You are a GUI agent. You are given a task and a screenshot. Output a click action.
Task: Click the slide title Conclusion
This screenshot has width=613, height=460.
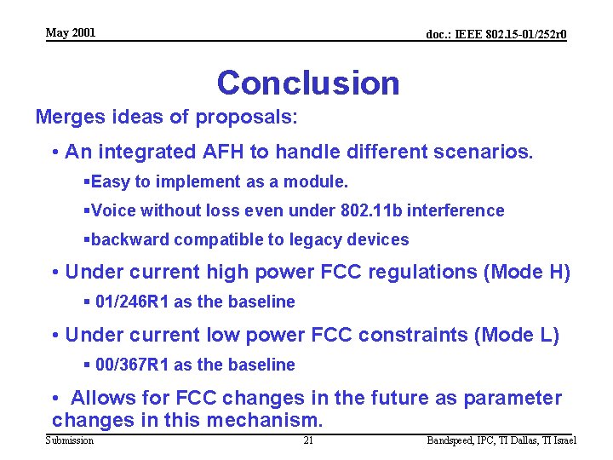pos(307,83)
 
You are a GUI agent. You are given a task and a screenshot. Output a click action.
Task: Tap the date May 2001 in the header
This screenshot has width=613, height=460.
pos(71,33)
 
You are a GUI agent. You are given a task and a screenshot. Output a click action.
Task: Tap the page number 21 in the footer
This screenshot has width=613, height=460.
pos(308,440)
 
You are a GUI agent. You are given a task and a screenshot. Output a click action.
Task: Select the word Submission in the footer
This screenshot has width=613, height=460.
pos(70,440)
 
